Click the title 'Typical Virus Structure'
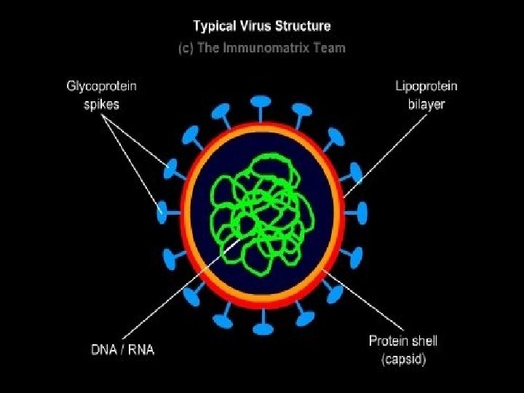[x=261, y=26]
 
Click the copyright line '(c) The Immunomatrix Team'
[x=261, y=48]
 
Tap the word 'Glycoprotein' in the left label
[x=101, y=86]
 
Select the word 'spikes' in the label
[x=101, y=104]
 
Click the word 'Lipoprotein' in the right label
[x=426, y=86]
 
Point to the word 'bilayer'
[x=426, y=104]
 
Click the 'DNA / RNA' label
[x=122, y=349]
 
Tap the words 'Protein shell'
[x=402, y=341]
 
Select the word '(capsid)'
[x=402, y=360]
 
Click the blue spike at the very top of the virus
[x=261, y=102]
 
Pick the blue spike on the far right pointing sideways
[x=360, y=213]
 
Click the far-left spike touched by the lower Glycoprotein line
[x=164, y=213]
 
